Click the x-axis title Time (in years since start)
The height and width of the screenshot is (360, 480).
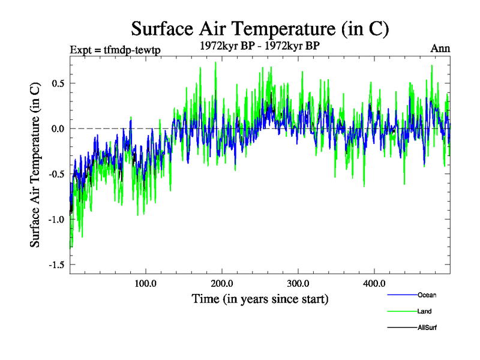[260, 298]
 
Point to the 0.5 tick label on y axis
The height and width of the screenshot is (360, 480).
[58, 83]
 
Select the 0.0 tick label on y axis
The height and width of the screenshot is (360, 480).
[58, 128]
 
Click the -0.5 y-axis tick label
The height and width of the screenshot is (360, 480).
[56, 174]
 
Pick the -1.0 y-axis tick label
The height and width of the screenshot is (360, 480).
[56, 220]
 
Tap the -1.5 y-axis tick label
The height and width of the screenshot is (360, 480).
[56, 265]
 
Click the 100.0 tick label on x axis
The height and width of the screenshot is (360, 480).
[146, 284]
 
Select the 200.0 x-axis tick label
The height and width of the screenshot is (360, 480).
[222, 284]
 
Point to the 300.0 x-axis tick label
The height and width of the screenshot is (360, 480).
[298, 284]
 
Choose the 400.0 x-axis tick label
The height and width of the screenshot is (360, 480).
[374, 284]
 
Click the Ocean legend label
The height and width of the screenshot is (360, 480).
[427, 295]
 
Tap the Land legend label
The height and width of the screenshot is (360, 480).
[424, 311]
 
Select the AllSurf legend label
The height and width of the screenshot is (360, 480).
[427, 328]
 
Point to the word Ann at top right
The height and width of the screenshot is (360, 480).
[440, 49]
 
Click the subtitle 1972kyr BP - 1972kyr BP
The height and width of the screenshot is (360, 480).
[260, 46]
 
